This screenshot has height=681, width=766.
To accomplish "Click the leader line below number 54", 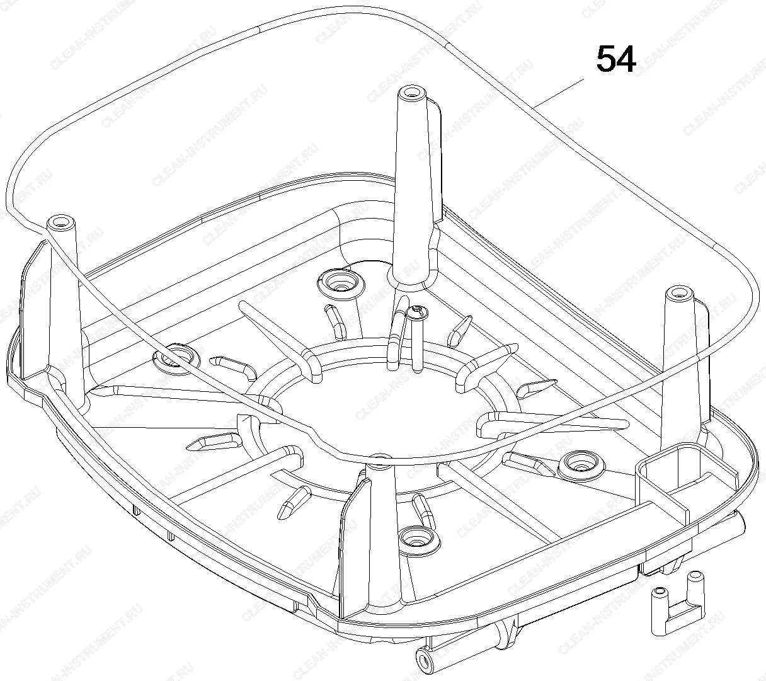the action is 557,93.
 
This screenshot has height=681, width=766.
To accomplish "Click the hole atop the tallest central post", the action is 411,92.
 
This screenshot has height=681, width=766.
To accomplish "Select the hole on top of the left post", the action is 60,220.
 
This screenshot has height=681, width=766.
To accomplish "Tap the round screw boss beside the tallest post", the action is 341,284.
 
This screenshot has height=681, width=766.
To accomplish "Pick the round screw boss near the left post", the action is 176,357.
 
